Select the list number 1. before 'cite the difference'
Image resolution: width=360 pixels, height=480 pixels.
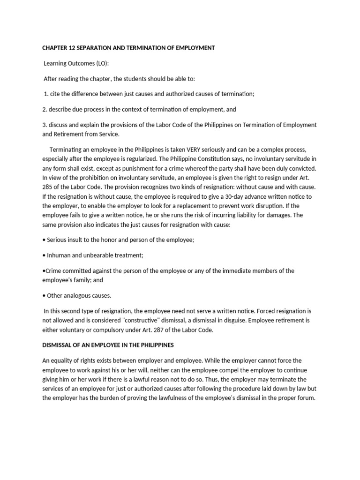pyautogui.click(x=46, y=94)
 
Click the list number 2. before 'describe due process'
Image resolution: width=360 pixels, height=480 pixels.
pyautogui.click(x=45, y=109)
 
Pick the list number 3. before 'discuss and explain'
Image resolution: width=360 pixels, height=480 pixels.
pyautogui.click(x=45, y=125)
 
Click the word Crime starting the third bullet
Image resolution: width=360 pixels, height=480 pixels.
pyautogui.click(x=53, y=271)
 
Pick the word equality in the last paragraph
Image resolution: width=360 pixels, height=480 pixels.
pyautogui.click(x=60, y=360)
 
